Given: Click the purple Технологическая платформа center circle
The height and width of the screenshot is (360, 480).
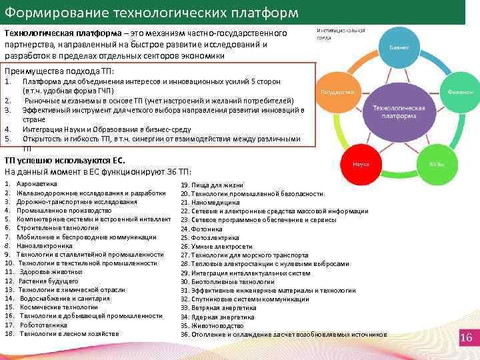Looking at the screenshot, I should pyautogui.click(x=399, y=111).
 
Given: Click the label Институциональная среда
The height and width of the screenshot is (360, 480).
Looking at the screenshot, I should pyautogui.click(x=340, y=35).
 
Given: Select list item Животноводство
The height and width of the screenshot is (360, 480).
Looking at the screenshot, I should pyautogui.click(x=213, y=325).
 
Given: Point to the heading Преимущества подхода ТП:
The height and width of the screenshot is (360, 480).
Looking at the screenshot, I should pyautogui.click(x=59, y=71).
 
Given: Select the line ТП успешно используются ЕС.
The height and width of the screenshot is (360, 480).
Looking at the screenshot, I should pyautogui.click(x=60, y=161).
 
